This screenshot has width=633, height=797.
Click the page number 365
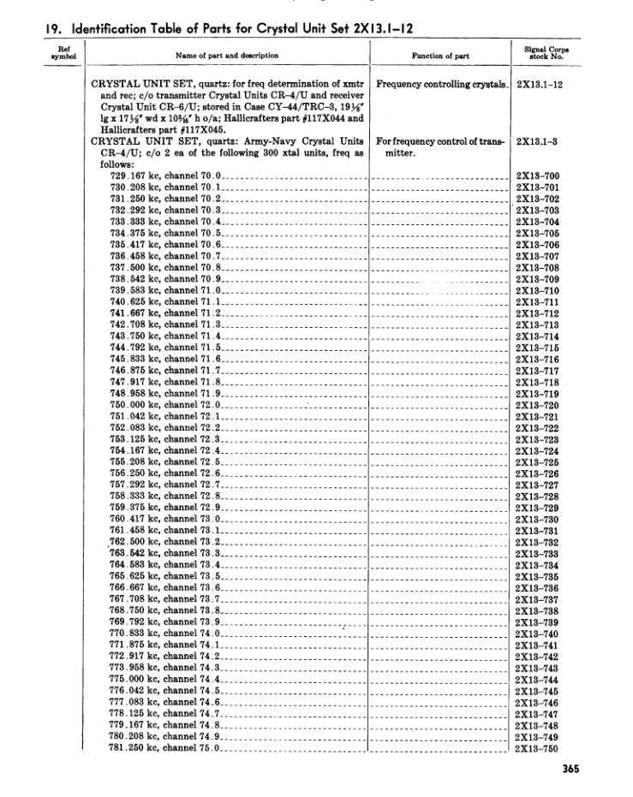pyautogui.click(x=570, y=768)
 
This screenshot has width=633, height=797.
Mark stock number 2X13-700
pyautogui.click(x=538, y=176)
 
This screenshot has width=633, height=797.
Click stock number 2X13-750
pyautogui.click(x=538, y=748)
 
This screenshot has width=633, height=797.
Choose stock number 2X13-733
pyautogui.click(x=538, y=554)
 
